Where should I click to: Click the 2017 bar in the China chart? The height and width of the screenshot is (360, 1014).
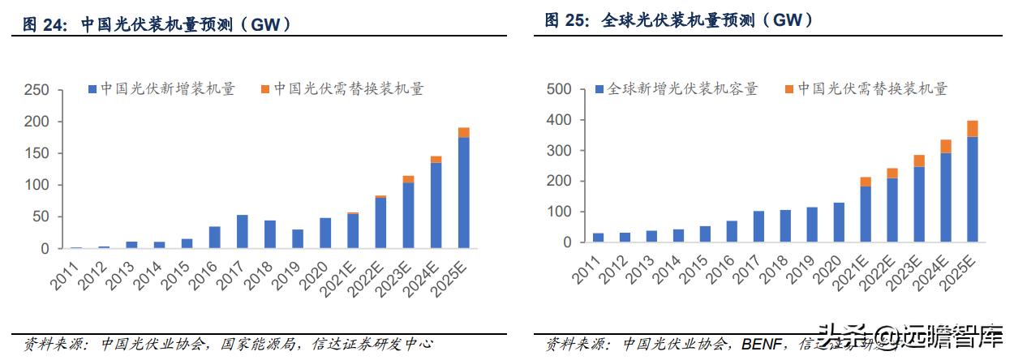(243, 232)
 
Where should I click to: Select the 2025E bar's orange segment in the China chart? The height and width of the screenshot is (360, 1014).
(463, 132)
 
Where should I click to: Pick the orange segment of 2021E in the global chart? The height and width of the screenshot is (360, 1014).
(866, 182)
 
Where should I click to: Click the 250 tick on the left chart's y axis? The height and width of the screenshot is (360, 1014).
(37, 90)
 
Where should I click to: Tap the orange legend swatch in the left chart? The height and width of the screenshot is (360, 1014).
(265, 89)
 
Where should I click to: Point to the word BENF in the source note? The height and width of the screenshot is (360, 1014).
(763, 345)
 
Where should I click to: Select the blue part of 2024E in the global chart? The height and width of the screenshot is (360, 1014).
(946, 198)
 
